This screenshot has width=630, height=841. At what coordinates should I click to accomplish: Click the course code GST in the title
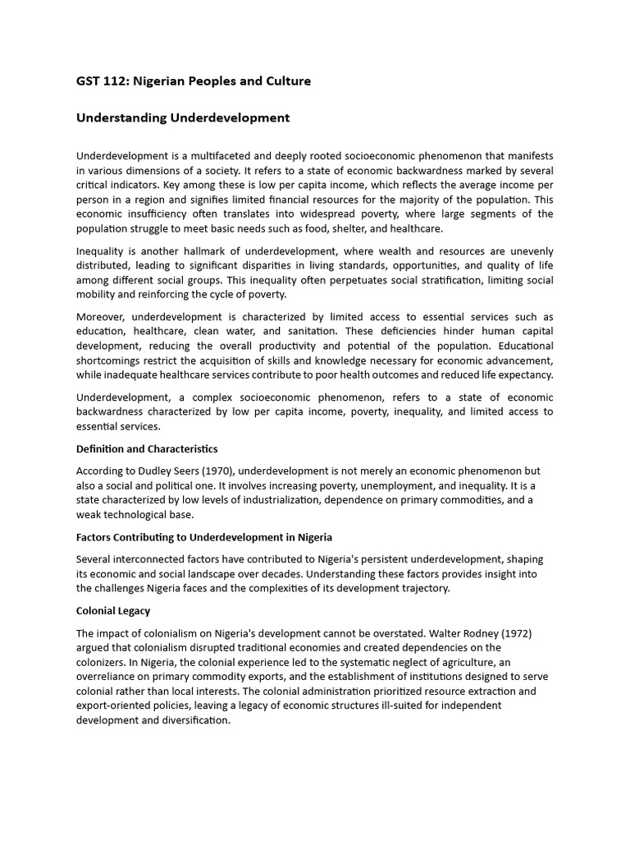tap(88, 81)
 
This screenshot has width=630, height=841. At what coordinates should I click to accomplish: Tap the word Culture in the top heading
tap(287, 81)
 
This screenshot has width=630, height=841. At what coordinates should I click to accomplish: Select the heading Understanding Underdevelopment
tap(182, 117)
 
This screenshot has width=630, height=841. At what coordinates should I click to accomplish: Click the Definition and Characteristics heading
tap(147, 448)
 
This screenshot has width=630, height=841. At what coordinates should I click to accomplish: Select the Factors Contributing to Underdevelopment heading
tap(204, 537)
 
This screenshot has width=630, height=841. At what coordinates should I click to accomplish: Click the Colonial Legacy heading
tap(113, 611)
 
